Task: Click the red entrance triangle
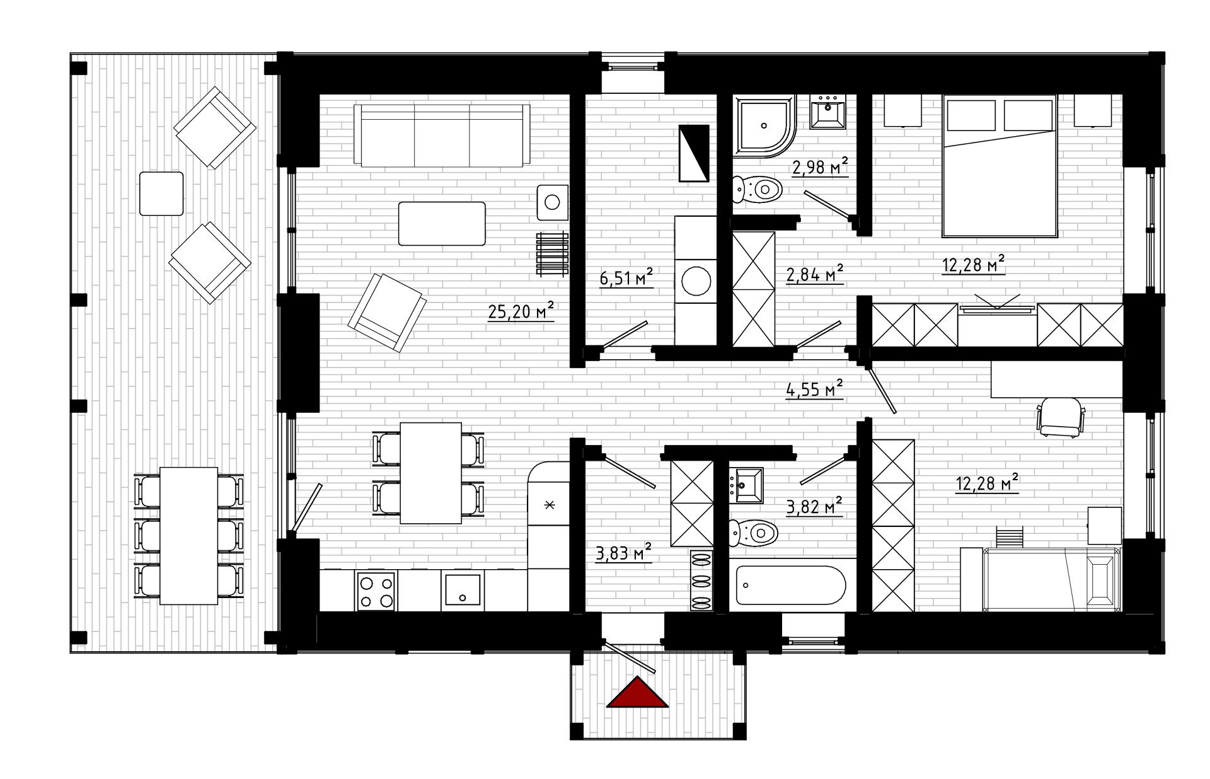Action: coord(637,693)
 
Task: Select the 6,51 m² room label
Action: coord(626,278)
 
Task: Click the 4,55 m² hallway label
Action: coord(814,389)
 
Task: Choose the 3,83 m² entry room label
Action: coord(623,553)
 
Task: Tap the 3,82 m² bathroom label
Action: coord(814,505)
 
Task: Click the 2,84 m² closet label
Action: coord(815,274)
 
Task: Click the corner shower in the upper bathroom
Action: coord(764,126)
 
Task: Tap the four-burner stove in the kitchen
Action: coord(376,591)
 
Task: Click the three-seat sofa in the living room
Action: coord(441,135)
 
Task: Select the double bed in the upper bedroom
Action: coord(999,166)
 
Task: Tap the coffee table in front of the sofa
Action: coord(442,223)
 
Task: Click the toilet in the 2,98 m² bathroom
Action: coord(758,188)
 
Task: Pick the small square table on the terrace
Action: coord(161,193)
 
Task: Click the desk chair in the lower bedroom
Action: coord(1061,417)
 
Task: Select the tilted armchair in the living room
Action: coord(387,312)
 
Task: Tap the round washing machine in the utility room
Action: coord(696,281)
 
